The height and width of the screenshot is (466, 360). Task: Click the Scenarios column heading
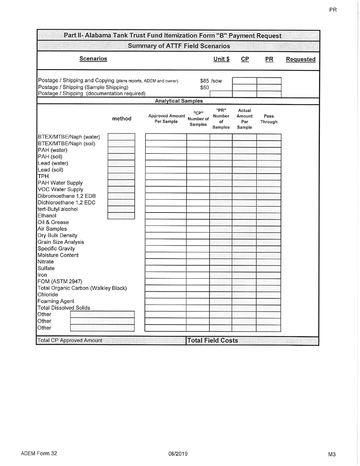pos(93,59)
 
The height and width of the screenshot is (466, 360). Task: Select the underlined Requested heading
pos(301,59)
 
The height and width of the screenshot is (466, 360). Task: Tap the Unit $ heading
pos(222,59)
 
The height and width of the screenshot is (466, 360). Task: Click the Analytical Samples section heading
pos(179,101)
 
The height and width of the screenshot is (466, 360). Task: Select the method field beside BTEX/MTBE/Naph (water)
pos(121,137)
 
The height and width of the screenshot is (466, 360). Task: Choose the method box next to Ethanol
pos(121,216)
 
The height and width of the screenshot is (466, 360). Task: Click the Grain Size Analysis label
pos(61,242)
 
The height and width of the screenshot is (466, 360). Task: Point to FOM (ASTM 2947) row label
pos(60,281)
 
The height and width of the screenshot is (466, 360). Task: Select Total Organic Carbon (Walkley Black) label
pos(82,288)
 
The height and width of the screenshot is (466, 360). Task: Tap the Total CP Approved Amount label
pos(70,341)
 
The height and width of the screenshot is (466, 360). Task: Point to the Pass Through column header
pos(268,119)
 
